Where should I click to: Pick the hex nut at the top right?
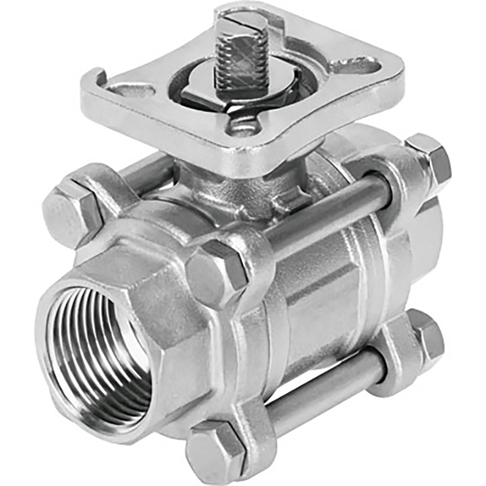pos(429,159)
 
